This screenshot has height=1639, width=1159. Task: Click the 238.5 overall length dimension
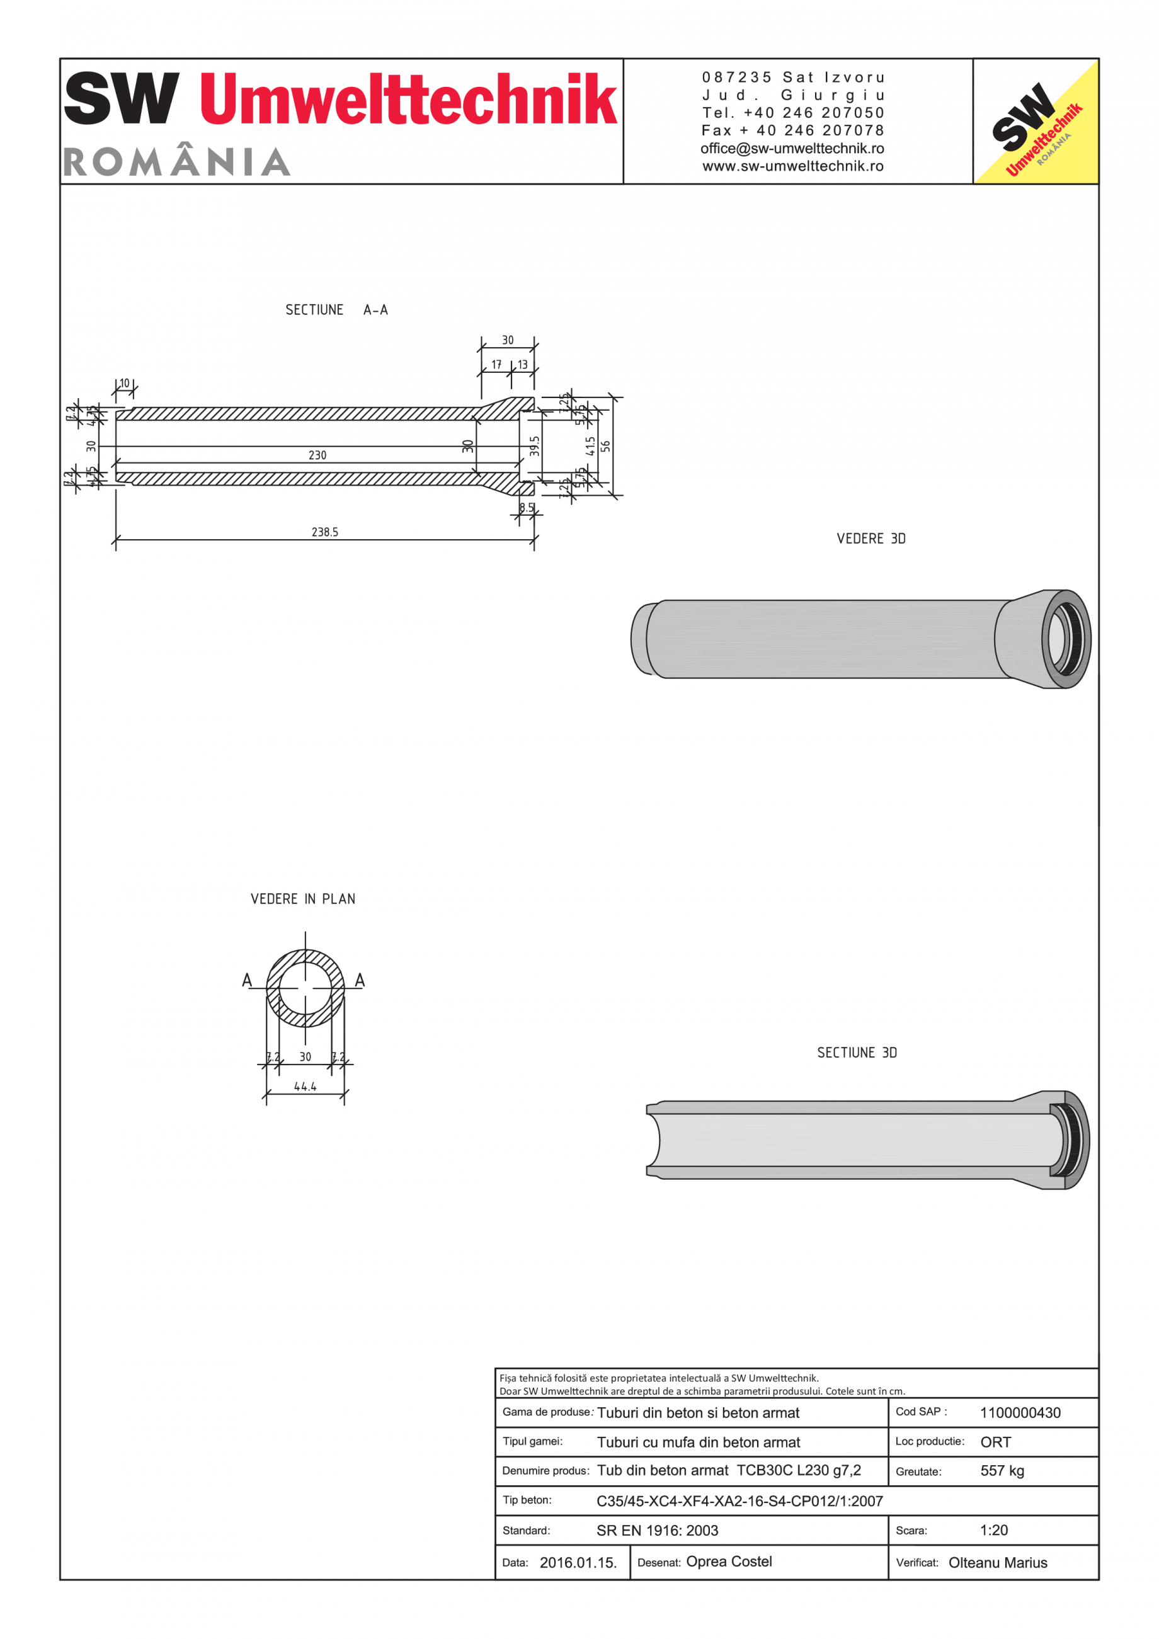coord(325,532)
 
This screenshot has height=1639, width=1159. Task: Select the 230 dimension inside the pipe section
coord(317,455)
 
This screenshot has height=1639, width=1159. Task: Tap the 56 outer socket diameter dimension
coord(606,446)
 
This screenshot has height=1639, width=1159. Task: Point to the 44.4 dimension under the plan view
coord(305,1087)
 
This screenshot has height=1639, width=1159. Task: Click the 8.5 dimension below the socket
coord(526,508)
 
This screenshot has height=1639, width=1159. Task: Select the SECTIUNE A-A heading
coord(336,310)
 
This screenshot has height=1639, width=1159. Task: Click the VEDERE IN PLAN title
coord(302,899)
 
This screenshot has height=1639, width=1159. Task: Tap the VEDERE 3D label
coord(871,538)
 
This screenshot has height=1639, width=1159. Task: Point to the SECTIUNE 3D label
coord(857,1052)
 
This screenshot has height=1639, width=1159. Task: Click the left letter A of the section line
coord(247,979)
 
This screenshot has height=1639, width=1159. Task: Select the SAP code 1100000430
coord(1020,1413)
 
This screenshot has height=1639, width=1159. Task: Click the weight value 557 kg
coord(1002,1471)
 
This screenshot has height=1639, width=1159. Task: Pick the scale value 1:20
coord(993,1530)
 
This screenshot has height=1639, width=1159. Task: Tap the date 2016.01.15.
coord(578,1563)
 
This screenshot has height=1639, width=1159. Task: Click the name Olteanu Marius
coord(998,1563)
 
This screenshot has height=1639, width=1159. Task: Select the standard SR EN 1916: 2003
coord(657,1531)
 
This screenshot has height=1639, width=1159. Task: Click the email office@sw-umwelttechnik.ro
coord(792,149)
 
